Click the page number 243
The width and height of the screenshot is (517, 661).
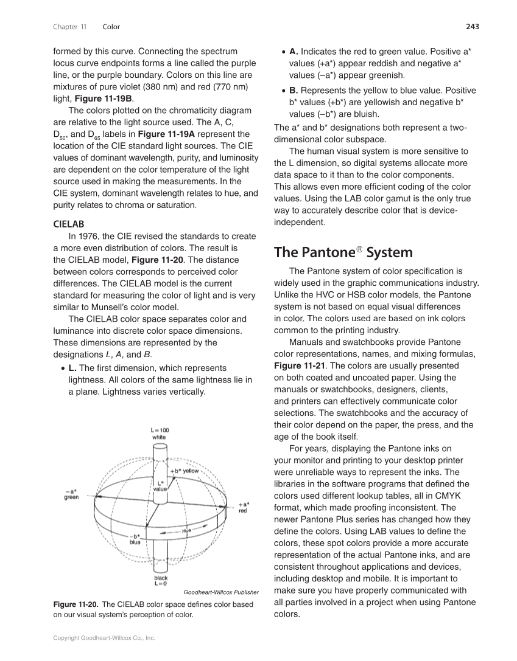[x=473, y=27]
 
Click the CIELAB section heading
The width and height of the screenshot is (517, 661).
[x=69, y=224]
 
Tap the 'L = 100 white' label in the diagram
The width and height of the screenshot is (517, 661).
[x=160, y=434]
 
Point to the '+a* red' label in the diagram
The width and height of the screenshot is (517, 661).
[x=242, y=507]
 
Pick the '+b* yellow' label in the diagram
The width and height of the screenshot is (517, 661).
[x=185, y=471]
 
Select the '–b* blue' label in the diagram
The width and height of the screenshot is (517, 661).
[x=135, y=539]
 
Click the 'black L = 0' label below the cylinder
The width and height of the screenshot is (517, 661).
[x=161, y=581]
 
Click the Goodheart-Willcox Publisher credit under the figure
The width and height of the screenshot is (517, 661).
[x=220, y=592]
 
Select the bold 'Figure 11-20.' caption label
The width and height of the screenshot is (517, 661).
[x=76, y=604]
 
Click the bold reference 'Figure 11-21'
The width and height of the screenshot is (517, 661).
[x=299, y=366]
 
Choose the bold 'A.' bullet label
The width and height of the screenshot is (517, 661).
[x=294, y=51]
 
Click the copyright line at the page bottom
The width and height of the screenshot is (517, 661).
[x=104, y=638]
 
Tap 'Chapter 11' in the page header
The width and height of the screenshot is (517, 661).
[x=70, y=27]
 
